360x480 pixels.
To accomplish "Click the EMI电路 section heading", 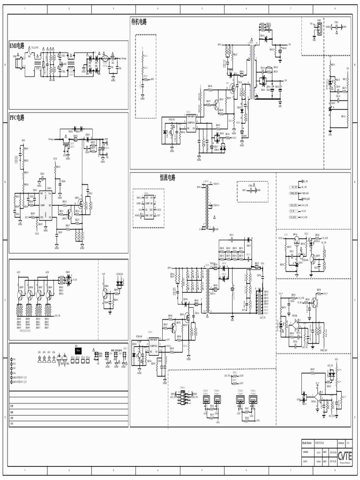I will [x=18, y=46].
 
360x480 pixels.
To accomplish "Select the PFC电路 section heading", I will [x=17, y=118].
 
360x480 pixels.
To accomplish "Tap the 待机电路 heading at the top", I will [x=139, y=22].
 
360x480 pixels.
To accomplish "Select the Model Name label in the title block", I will [x=307, y=442].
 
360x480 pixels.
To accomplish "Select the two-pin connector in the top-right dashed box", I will [x=319, y=28].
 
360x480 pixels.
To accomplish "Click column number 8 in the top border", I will [x=335, y=8].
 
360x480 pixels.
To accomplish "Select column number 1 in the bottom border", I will [x=25, y=470].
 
